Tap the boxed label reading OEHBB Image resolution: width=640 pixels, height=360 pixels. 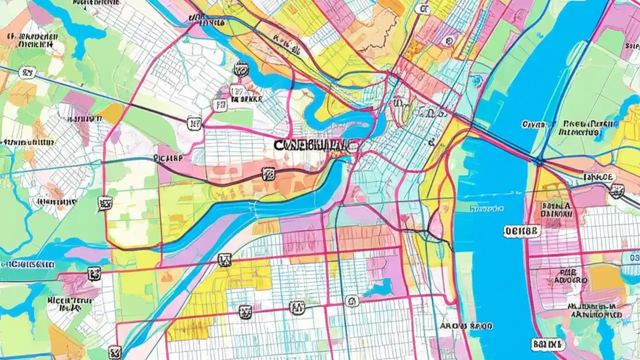point(522,231)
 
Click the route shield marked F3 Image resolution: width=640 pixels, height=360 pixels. point(218,105)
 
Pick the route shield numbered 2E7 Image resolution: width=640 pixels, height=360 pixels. point(194,123)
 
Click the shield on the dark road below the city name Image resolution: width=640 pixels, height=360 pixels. point(268,173)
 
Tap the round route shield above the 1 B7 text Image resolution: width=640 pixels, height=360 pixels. point(241,69)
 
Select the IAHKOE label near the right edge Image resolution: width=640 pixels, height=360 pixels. point(598,176)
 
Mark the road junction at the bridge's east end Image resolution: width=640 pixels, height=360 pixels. point(538,161)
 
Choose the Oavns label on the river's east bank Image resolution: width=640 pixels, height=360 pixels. point(535,124)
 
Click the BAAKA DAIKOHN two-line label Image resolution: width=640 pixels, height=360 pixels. point(553,208)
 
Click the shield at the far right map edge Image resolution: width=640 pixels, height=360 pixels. point(618,189)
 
